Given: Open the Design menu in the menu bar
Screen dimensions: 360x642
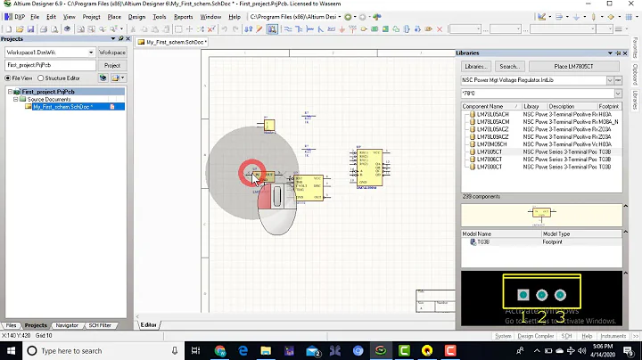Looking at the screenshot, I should point(136,16).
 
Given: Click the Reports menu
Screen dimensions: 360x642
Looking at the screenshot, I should point(183,16).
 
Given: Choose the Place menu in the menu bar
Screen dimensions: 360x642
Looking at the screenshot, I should point(114,16).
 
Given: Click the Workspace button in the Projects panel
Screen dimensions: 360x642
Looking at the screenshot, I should point(112,53).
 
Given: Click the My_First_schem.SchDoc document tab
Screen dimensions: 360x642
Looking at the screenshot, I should point(175,42).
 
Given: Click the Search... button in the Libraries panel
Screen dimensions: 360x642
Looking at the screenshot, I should point(509,67).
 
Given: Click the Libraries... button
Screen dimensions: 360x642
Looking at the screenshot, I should point(475,67).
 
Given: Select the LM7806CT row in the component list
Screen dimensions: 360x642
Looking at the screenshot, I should point(489,158).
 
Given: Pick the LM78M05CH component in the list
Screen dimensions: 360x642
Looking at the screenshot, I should point(489,143).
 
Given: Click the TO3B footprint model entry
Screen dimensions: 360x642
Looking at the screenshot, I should point(483,241).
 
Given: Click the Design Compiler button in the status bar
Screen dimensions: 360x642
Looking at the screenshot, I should point(536,336).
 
